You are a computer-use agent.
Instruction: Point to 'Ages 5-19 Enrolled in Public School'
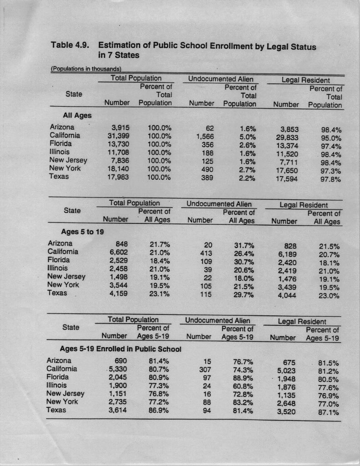coord(121,349)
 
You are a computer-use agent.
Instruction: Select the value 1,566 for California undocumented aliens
coord(205,136)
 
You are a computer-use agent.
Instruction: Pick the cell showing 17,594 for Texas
coord(287,179)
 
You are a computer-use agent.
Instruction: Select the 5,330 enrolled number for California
coord(117,369)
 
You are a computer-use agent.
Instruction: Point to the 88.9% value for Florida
coord(243,377)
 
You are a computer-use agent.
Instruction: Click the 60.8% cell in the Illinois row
coord(243,385)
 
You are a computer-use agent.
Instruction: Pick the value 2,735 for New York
coord(117,402)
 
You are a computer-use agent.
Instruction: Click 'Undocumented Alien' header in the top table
coord(220,79)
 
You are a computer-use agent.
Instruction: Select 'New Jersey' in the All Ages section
coord(68,160)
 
